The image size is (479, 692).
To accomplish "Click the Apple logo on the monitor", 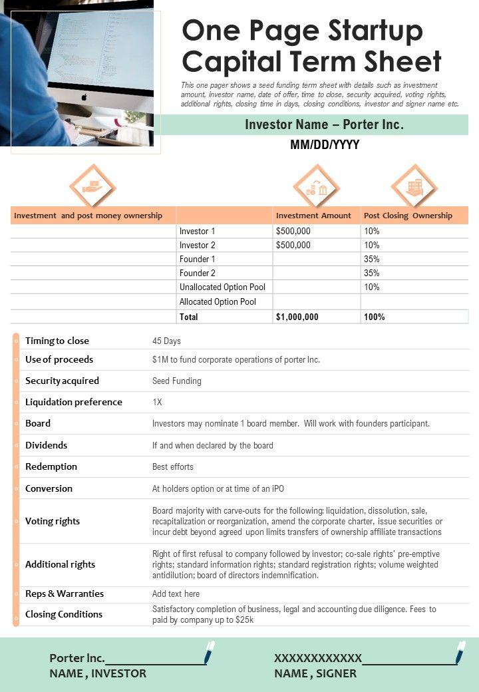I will tap(84, 97).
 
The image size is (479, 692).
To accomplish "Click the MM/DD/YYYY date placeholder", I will tap(325, 145).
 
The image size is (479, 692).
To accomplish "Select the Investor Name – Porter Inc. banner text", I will tap(324, 124).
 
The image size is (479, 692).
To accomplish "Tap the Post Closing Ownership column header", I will tap(408, 216).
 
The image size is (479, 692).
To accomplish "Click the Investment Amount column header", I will tap(313, 216).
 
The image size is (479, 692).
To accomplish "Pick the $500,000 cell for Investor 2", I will tap(293, 245).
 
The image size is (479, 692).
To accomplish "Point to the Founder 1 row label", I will tap(198, 259).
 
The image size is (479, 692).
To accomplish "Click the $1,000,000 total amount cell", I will tap(297, 317).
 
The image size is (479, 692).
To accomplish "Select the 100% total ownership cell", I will tap(375, 317).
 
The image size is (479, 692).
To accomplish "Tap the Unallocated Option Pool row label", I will tap(222, 287).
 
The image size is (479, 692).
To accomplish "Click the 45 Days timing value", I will tap(166, 341).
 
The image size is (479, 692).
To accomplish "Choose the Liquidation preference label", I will tap(74, 402).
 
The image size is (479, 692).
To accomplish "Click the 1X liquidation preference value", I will tap(157, 402).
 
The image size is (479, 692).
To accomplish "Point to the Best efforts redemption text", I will tap(173, 466).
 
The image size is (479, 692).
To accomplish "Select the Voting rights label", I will tap(53, 521).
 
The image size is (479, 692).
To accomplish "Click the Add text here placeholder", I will tap(176, 594).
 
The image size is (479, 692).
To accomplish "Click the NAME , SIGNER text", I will tap(315, 673).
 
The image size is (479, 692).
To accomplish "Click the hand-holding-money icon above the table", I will tap(92, 187).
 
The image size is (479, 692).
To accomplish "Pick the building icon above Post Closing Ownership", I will tap(414, 187).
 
